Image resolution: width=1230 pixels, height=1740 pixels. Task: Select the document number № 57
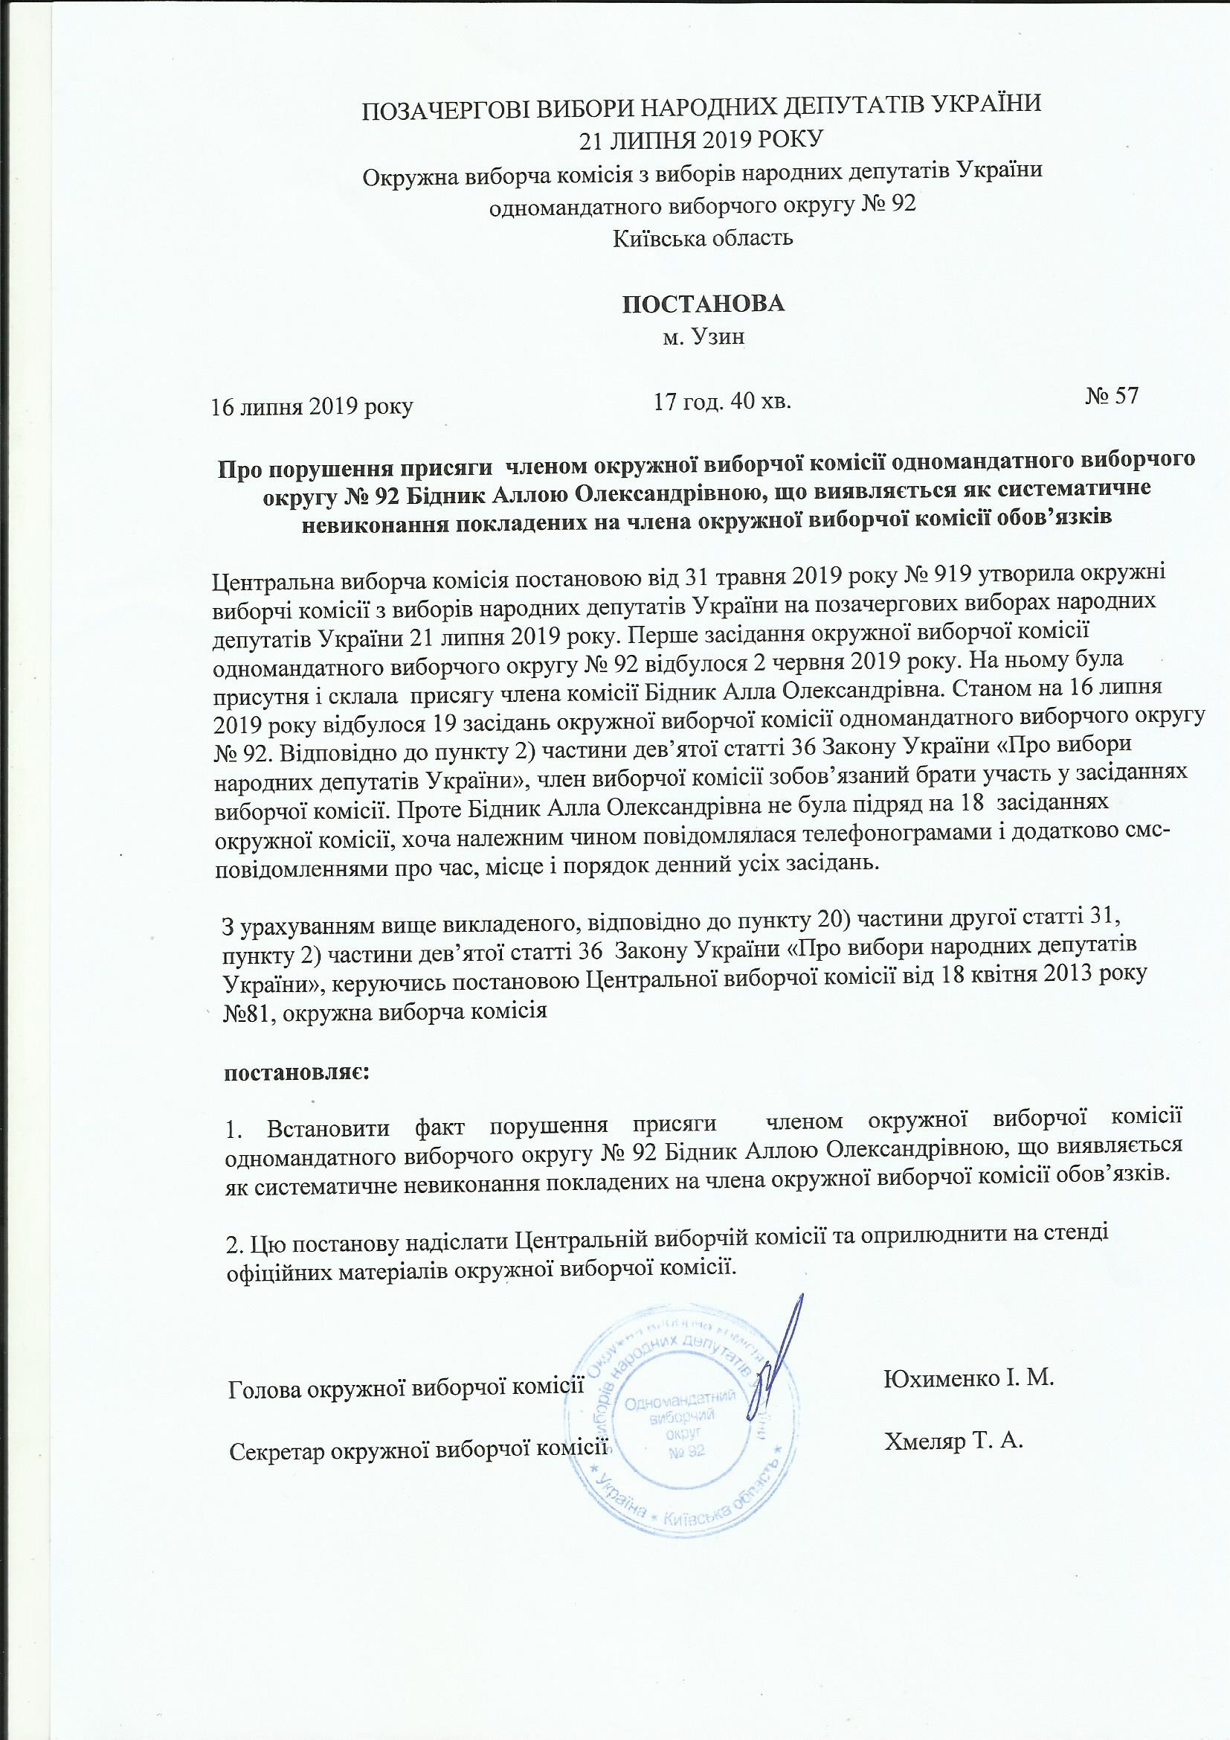(x=1111, y=397)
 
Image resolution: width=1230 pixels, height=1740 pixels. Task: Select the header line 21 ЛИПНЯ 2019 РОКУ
(x=703, y=139)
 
